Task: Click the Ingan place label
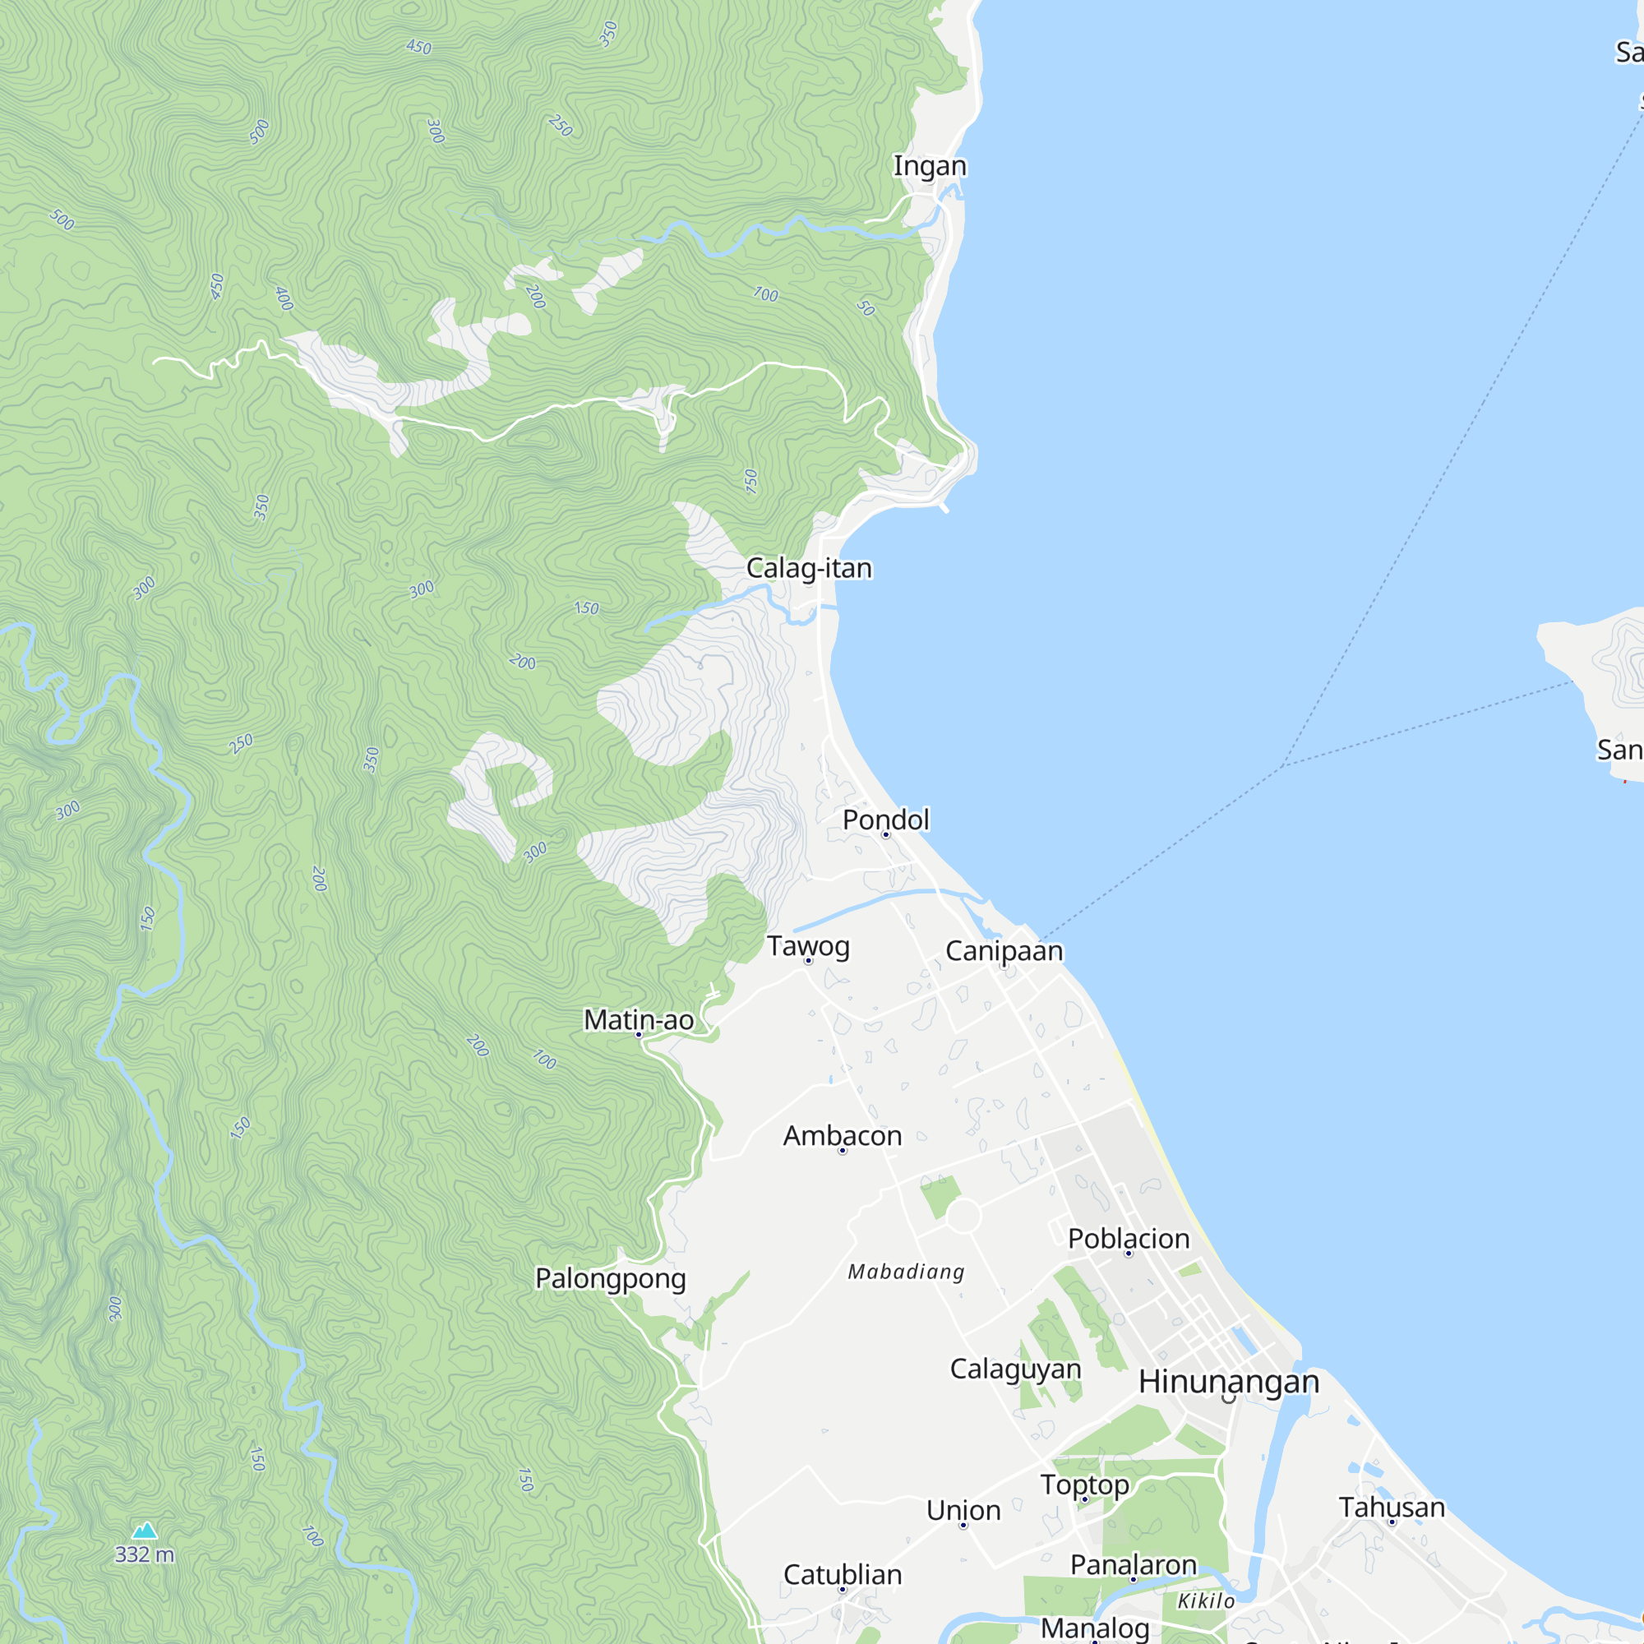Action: [x=929, y=165]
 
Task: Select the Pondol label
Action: [x=886, y=820]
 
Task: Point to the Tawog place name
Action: [x=808, y=946]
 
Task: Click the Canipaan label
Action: [x=1004, y=950]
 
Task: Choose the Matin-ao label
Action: [x=638, y=1019]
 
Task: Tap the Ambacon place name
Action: [x=843, y=1136]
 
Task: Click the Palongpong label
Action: [x=610, y=1278]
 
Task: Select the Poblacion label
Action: [x=1129, y=1239]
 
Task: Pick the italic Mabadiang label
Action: [x=906, y=1272]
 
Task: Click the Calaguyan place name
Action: [x=1015, y=1369]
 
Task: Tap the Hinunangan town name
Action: [x=1229, y=1382]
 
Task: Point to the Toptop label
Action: [x=1085, y=1484]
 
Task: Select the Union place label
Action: [x=963, y=1510]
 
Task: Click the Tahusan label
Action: [x=1392, y=1507]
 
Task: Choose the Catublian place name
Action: [x=843, y=1575]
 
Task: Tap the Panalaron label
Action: [x=1134, y=1565]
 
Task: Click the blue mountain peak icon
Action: [x=145, y=1531]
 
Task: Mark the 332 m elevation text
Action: [x=145, y=1554]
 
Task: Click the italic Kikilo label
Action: [x=1206, y=1601]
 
